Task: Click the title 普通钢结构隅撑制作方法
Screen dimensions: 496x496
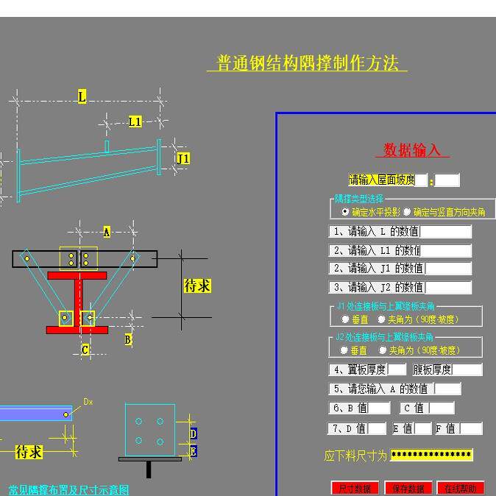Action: (308, 63)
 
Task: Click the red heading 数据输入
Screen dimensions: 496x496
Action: (412, 150)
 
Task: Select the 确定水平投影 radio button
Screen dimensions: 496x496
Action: (346, 212)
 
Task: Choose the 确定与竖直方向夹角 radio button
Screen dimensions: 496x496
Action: (407, 212)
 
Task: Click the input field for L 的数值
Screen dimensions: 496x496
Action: (445, 232)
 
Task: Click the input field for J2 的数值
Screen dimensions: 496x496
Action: (448, 287)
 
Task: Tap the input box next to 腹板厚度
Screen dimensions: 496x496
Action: (467, 369)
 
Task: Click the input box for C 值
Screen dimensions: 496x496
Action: (442, 408)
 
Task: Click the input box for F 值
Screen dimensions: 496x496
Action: (470, 428)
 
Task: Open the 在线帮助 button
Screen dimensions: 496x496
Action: (461, 488)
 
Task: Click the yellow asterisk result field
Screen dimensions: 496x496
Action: (431, 455)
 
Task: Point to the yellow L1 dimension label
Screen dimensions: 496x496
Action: (135, 121)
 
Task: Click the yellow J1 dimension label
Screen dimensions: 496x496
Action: (183, 158)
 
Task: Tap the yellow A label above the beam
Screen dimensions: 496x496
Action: (106, 232)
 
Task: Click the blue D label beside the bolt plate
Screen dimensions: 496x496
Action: (193, 434)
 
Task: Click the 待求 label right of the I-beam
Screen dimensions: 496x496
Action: (197, 286)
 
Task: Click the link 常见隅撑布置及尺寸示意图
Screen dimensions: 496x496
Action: (68, 490)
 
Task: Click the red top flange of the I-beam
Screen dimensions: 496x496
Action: (77, 275)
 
